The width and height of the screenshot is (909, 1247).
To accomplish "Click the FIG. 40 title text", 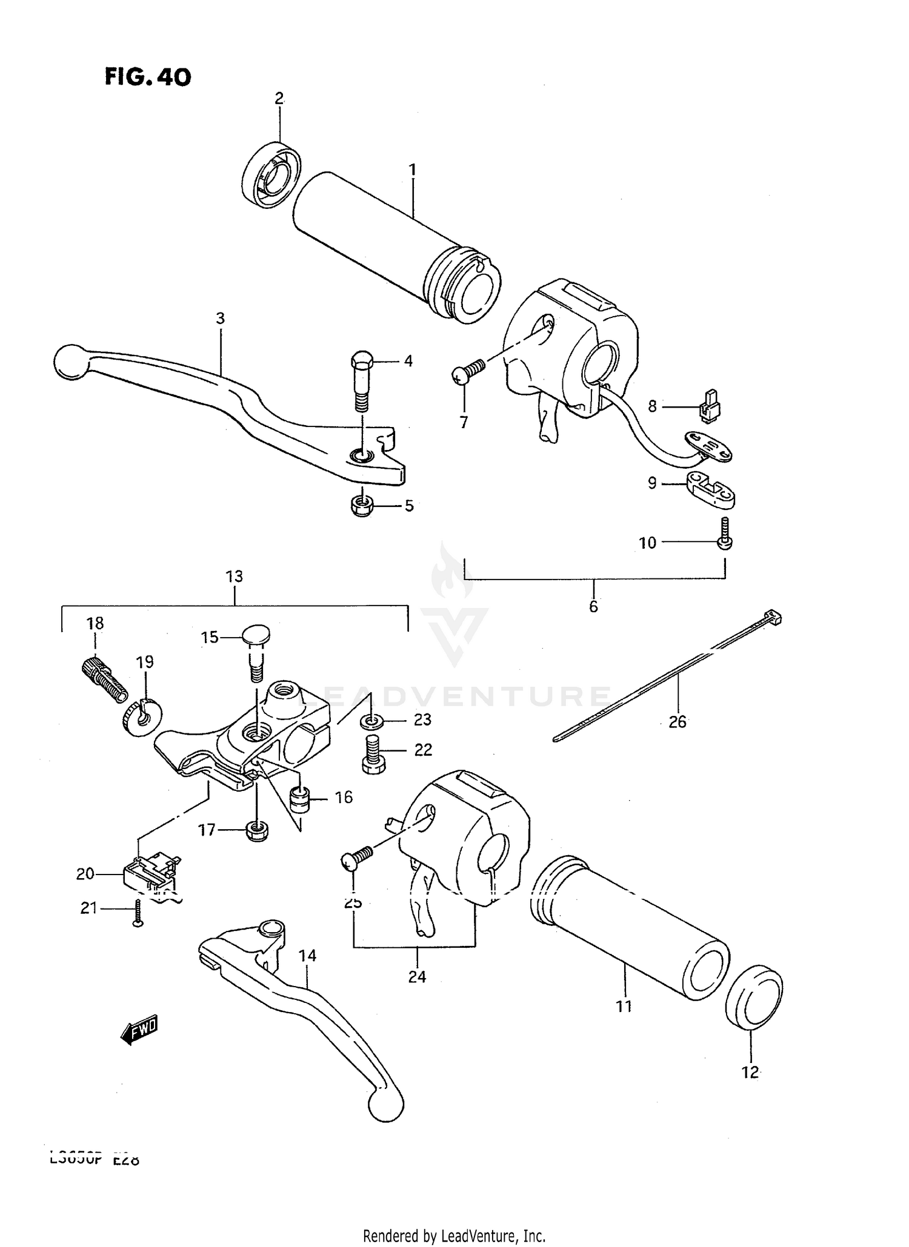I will coord(148,77).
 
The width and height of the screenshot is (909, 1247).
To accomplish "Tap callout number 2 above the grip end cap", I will coord(279,99).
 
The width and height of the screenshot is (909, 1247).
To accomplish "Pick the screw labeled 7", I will coord(468,371).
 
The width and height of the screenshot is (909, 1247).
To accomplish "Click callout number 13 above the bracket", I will coord(235,577).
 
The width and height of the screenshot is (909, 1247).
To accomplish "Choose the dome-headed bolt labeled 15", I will coord(256,650).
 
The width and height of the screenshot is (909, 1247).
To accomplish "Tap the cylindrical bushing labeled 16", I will coord(299,799).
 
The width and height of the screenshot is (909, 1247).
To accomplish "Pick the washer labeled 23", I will coord(370,721).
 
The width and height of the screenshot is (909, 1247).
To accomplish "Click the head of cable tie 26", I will coord(774,617).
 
